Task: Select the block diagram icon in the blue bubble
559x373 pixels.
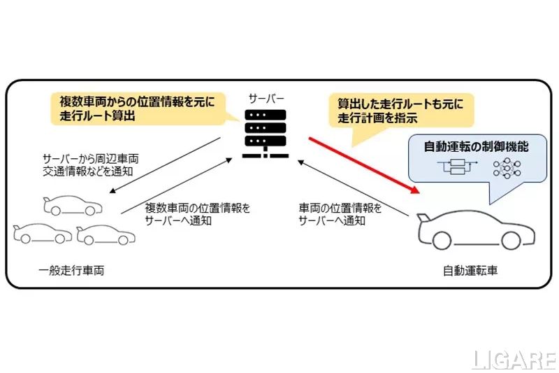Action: (456, 169)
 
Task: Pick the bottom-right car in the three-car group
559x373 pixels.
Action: (106, 234)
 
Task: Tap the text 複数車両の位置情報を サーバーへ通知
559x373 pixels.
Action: (194, 213)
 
